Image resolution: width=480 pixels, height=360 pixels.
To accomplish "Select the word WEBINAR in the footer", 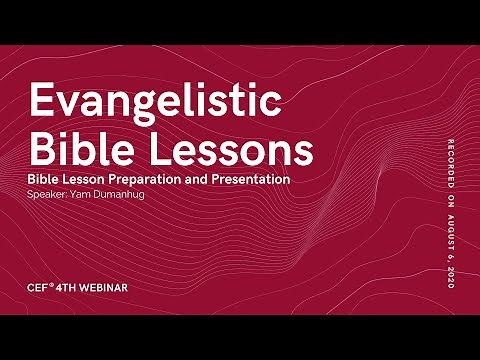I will coord(104,288).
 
